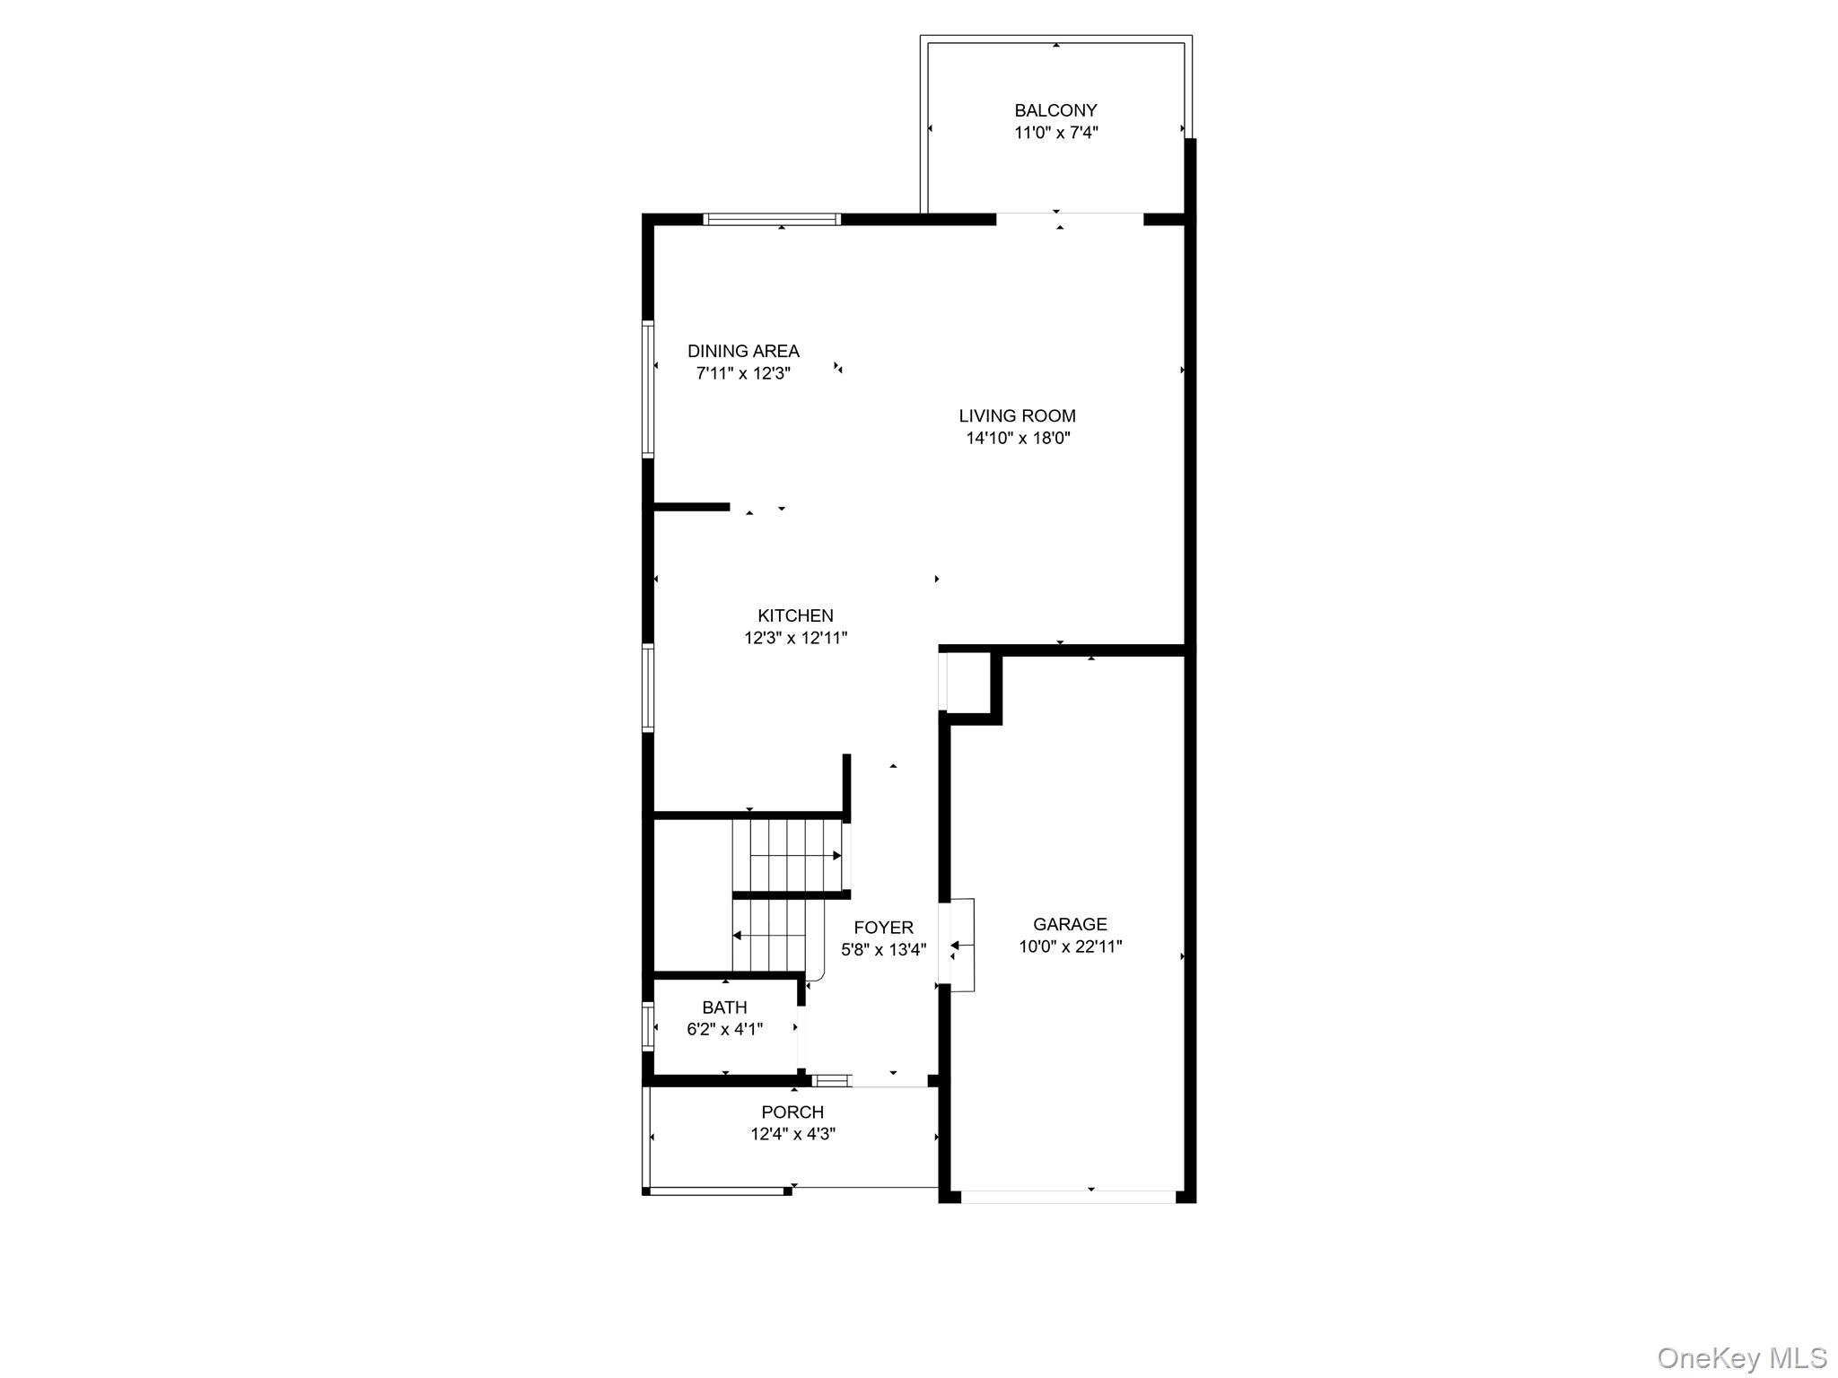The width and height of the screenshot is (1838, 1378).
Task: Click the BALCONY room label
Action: [1055, 110]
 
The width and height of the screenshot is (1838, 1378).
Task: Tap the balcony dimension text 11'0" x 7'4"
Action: [1055, 133]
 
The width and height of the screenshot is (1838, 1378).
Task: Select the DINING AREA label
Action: [743, 351]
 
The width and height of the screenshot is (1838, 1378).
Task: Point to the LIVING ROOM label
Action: [1017, 415]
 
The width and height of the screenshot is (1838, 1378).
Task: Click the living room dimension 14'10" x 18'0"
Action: [1018, 438]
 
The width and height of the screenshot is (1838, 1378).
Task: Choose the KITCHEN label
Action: [795, 615]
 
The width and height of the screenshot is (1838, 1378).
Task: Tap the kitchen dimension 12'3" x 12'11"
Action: [795, 638]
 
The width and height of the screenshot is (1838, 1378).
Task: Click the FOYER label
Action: [883, 928]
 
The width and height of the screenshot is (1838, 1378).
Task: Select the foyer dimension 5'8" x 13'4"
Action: [883, 949]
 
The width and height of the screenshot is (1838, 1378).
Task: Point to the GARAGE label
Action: [1070, 924]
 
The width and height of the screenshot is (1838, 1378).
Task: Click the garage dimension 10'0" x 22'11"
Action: [1070, 946]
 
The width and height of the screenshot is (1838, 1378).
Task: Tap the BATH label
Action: [724, 1007]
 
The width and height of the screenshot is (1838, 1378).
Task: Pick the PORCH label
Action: [792, 1112]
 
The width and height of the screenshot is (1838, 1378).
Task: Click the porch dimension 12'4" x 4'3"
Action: [792, 1134]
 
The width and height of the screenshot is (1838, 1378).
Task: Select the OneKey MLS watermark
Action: [1741, 1357]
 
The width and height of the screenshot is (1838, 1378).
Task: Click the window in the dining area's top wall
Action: [772, 219]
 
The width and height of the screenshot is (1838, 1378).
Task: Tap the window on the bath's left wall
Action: [647, 1026]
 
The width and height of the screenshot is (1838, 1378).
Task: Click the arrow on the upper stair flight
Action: [795, 856]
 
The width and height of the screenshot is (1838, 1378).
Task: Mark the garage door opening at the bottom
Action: [1068, 1197]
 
